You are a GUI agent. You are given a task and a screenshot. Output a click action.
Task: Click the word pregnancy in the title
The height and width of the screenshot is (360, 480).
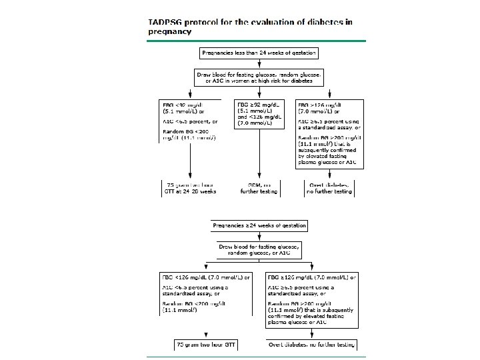(x=170, y=31)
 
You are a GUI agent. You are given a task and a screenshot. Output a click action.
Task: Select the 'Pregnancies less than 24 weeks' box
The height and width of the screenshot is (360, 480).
(x=259, y=52)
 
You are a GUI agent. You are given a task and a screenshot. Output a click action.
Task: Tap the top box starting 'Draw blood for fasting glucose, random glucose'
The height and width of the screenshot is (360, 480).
(x=259, y=77)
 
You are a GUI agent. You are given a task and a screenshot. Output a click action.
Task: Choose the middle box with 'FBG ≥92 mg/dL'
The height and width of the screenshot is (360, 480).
(x=259, y=114)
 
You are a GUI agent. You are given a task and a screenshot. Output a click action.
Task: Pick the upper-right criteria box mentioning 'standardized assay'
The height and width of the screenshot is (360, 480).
(x=329, y=134)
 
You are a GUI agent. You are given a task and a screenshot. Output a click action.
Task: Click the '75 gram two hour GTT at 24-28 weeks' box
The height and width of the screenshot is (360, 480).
(x=191, y=187)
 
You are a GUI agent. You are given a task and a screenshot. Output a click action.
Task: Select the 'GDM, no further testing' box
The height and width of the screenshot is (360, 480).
(x=259, y=187)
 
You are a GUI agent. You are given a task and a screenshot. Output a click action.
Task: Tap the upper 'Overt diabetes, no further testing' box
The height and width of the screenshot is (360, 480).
(x=329, y=187)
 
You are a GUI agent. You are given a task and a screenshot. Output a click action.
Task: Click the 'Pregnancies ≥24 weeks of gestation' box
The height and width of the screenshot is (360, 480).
(x=259, y=226)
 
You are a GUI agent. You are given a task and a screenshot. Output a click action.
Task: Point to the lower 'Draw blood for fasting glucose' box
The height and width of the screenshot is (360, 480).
(x=259, y=249)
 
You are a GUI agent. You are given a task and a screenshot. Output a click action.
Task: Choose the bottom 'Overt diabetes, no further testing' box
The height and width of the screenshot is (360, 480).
(x=311, y=345)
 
